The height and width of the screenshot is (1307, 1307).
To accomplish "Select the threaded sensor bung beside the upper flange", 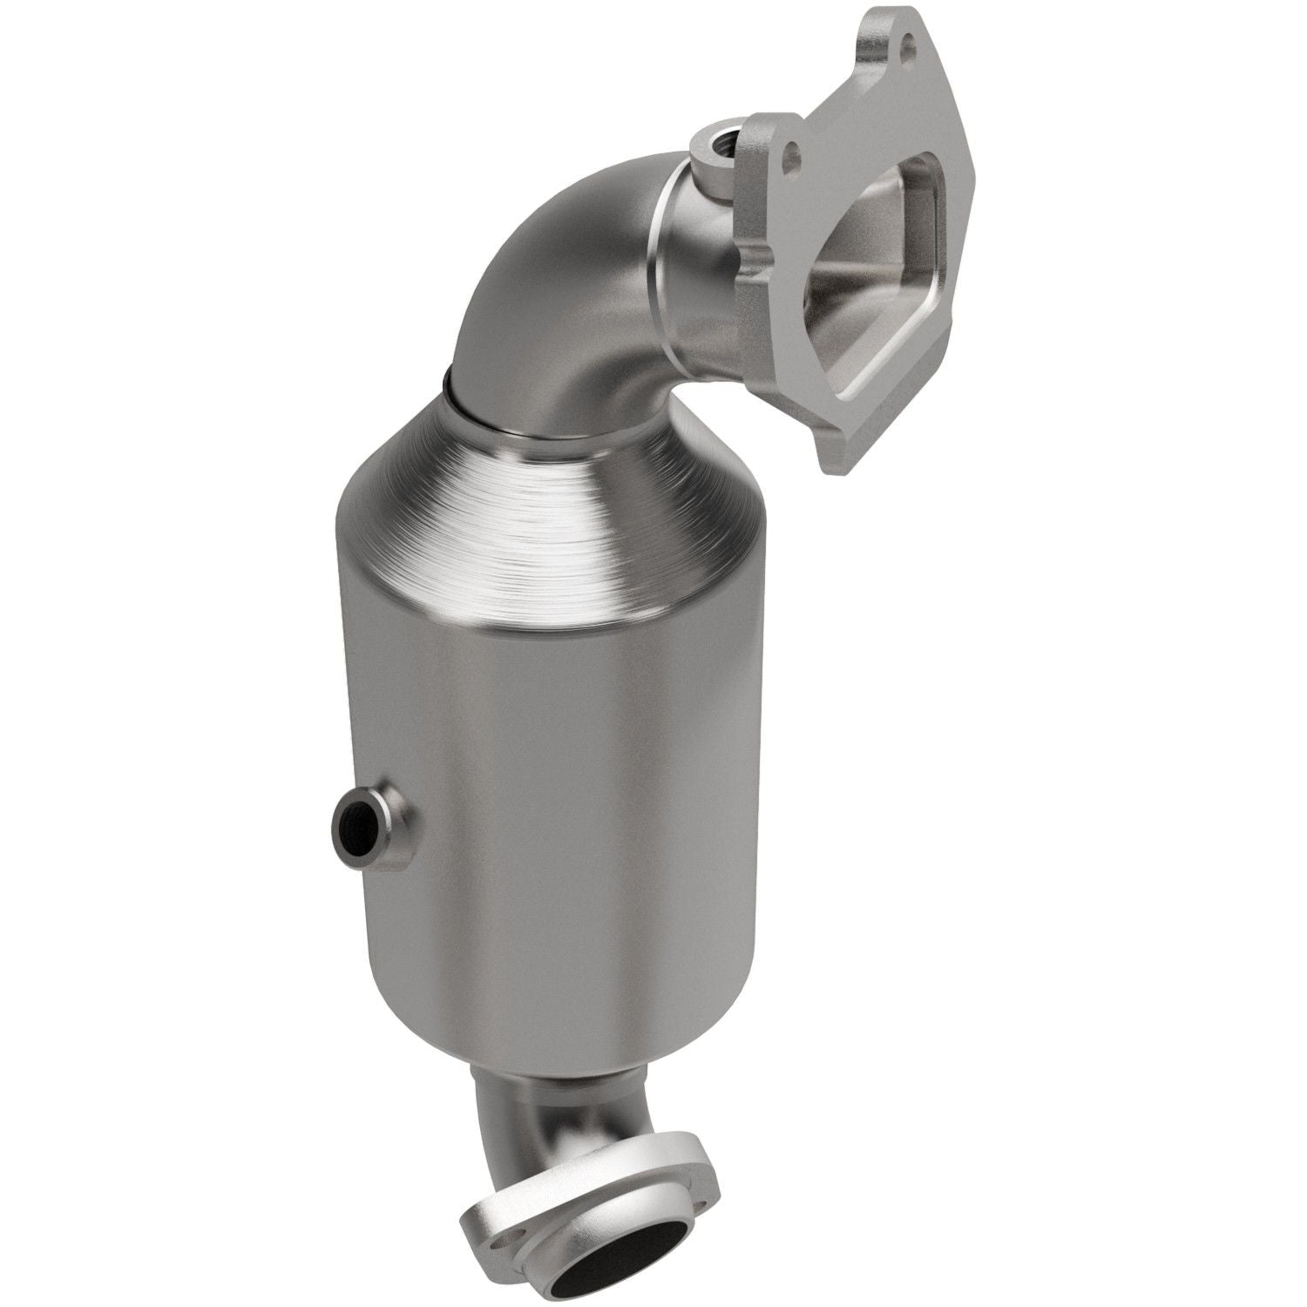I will coord(717,141).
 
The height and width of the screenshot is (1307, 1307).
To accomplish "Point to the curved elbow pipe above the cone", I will coord(558,288).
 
